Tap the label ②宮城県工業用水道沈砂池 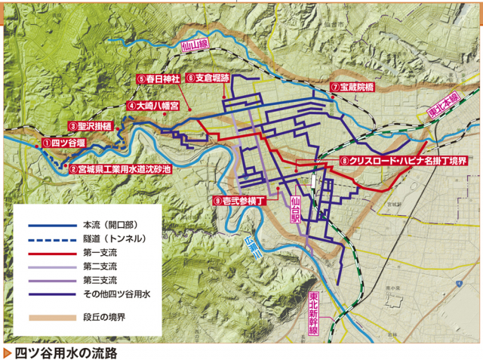click(x=120, y=169)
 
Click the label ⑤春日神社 click(x=158, y=78)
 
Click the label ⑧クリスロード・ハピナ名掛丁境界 click(x=404, y=161)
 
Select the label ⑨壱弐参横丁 click(x=241, y=201)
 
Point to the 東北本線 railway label click(x=444, y=110)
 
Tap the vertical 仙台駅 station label click(x=295, y=207)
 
